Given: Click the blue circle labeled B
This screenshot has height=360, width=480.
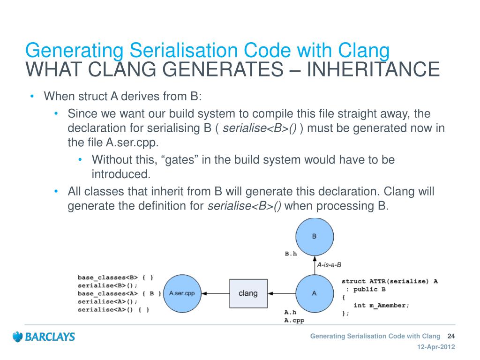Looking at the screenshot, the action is point(314,237).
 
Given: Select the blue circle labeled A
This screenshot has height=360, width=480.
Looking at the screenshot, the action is point(314,293).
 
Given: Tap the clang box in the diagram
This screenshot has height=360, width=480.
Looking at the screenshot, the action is point(248,293).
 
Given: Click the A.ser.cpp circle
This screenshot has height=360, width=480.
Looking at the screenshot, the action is point(182,293).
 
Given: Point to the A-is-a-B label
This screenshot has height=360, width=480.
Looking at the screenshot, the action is point(329,264).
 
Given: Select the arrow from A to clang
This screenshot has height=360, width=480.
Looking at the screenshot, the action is point(281,293).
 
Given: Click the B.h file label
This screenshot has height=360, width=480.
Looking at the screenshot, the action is point(291,254).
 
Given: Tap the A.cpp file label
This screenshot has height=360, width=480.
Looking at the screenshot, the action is point(294,320).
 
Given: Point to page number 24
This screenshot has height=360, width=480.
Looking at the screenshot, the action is point(452,336).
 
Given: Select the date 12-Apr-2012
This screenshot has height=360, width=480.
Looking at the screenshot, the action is point(436,347).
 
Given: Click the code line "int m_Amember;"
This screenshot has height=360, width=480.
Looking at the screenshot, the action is point(381,305).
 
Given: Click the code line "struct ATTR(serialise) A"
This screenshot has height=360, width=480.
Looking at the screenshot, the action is point(390,281).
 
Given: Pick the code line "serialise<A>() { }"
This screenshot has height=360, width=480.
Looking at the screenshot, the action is point(113,310).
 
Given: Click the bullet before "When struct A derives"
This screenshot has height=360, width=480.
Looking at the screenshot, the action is point(32,97).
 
